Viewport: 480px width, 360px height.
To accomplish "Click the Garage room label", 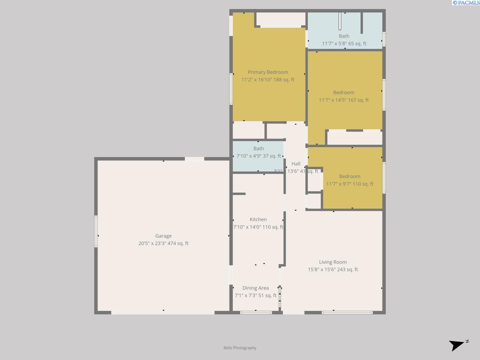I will point(163,236).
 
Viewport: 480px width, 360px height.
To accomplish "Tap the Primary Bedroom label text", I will point(268,72).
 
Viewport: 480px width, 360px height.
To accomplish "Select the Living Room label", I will point(333,262).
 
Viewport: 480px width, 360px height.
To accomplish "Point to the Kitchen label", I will point(258,219).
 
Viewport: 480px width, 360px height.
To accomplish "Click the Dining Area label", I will point(256,288).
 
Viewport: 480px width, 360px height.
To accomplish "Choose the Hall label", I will point(296,164).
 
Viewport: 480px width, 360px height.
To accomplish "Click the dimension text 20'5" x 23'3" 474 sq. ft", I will point(163,243).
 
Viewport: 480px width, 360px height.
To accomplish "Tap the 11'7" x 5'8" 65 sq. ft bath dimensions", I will point(344,44).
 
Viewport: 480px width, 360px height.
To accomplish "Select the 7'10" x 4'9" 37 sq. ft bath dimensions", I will point(258,156).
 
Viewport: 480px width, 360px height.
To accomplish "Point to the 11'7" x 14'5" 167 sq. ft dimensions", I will point(344,100).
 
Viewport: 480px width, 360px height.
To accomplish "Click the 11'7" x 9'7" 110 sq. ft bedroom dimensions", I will point(350,184).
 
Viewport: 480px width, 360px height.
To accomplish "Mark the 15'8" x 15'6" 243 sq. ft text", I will point(333,270).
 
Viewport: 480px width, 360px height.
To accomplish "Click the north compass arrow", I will point(458,345).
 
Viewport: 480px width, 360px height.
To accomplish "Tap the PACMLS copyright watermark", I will point(466,3).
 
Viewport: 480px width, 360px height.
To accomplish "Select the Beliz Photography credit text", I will point(240,348).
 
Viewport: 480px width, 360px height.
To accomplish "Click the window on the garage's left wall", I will point(96,231).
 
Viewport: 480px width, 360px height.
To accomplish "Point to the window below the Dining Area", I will point(256,312).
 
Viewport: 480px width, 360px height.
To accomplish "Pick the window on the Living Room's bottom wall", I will point(347,312).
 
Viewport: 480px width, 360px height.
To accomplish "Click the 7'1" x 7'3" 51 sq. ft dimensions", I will point(256,296).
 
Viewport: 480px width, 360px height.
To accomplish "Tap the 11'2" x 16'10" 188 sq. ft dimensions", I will point(268,80).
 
